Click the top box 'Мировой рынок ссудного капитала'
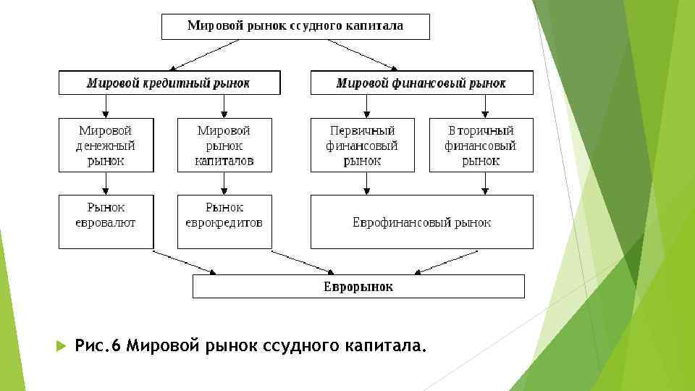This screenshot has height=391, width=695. point(295,27)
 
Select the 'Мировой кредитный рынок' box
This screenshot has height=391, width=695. point(169,83)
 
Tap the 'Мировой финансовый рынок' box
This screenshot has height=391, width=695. point(421,83)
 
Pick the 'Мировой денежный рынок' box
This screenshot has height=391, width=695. point(106,145)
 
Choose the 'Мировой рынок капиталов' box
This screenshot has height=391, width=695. point(224,145)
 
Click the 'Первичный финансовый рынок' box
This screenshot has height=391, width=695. point(362,145)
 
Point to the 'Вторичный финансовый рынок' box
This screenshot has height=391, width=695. point(481,145)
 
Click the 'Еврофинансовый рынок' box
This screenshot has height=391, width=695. point(421,222)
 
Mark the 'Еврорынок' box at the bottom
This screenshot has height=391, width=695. point(358,287)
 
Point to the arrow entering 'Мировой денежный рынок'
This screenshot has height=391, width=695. point(106,106)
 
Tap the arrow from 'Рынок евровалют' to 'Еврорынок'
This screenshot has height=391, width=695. point(185,262)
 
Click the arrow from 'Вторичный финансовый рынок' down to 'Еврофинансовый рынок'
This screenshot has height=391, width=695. point(483,183)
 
